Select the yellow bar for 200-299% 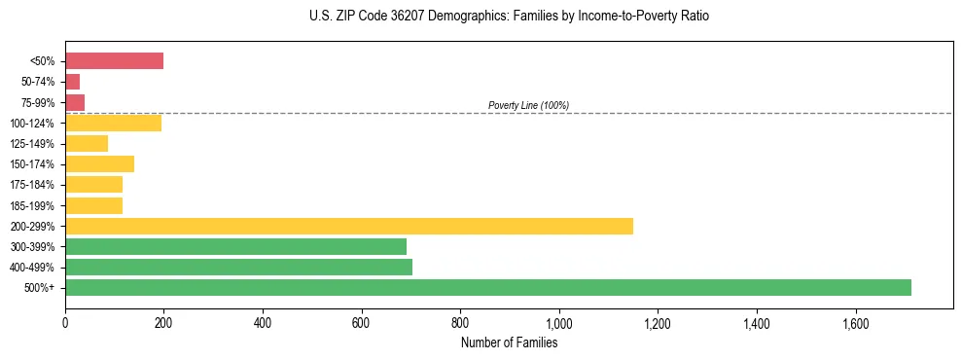[349, 226]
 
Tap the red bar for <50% [114, 60]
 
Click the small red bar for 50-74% [72, 82]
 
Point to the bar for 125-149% [87, 143]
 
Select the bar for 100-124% [113, 123]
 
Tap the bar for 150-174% [99, 163]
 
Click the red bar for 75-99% [75, 102]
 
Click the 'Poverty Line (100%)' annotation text [528, 105]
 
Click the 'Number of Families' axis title [509, 342]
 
